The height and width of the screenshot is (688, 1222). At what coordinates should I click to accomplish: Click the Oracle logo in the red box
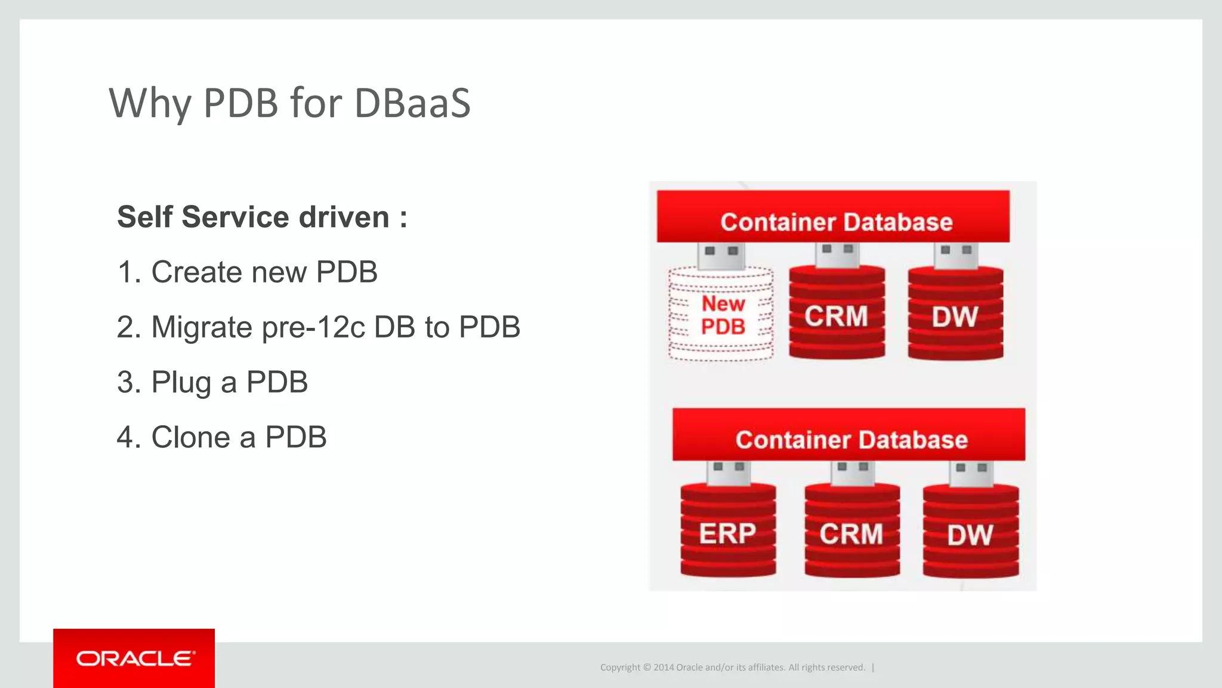tap(134, 658)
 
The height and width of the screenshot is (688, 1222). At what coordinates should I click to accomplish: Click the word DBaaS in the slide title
tap(412, 103)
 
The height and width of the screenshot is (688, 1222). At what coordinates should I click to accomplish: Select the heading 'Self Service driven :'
tap(262, 217)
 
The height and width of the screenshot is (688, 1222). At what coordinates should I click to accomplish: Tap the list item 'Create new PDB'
tap(247, 272)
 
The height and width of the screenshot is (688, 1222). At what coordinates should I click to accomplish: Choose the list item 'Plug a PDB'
tap(212, 382)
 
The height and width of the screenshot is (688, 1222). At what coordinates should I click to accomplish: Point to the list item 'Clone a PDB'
tap(221, 437)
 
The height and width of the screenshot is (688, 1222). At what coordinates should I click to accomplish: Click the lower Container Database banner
tap(848, 435)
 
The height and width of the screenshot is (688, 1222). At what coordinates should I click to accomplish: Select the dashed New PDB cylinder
tap(721, 315)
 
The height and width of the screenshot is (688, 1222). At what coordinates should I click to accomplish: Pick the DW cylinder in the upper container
tap(955, 315)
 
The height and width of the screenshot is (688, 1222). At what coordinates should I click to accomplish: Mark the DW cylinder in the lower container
tap(970, 533)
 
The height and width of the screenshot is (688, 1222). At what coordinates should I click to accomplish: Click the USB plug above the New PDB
tap(721, 255)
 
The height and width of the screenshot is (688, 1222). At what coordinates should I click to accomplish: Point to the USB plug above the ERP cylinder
tap(728, 472)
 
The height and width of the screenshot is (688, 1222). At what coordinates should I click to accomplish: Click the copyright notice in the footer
tap(732, 667)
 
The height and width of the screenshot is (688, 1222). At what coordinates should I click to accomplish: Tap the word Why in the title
tap(150, 104)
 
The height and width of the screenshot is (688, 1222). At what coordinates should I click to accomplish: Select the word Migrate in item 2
tap(202, 327)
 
